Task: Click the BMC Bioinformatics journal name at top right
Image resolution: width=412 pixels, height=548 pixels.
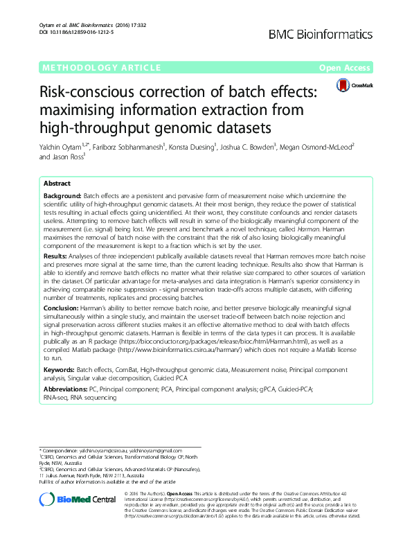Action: click(330, 33)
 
